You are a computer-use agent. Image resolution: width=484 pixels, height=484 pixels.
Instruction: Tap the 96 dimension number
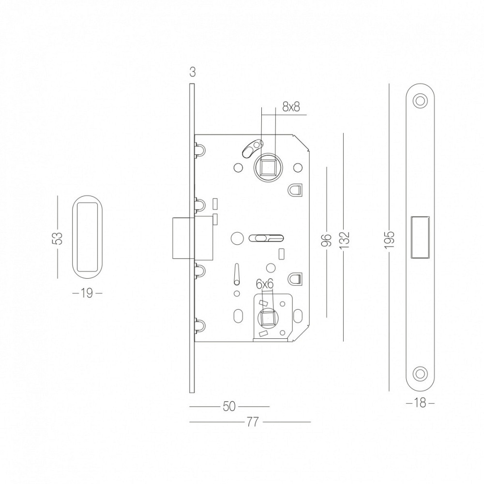pyautogui.click(x=327, y=241)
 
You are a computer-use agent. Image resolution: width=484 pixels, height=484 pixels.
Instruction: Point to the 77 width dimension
pyautogui.click(x=252, y=422)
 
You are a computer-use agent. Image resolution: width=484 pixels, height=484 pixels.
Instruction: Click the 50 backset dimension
pyautogui.click(x=229, y=407)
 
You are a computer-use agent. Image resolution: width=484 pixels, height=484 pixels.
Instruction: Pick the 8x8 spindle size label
pyautogui.click(x=291, y=107)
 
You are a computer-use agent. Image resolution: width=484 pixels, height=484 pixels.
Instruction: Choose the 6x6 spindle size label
pyautogui.click(x=265, y=284)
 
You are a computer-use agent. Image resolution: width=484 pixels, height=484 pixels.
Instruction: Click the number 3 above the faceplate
pyautogui.click(x=192, y=72)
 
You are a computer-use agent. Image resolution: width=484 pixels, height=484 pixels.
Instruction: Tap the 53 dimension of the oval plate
pyautogui.click(x=58, y=238)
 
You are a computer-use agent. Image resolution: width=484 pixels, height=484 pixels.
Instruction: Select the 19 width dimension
pyautogui.click(x=87, y=293)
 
